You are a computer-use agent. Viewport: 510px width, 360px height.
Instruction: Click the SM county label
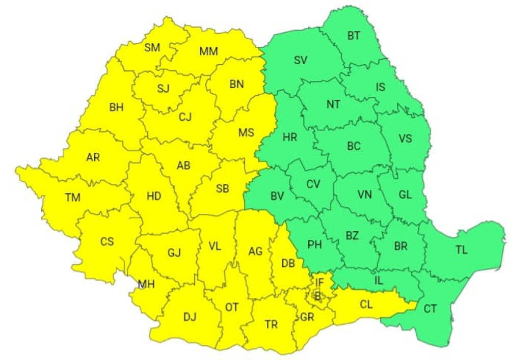(x=152, y=48)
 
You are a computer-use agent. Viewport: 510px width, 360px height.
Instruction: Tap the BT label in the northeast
(x=354, y=36)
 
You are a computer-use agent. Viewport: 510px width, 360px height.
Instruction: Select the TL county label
(x=462, y=250)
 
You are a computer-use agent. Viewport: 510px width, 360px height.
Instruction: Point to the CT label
(x=430, y=308)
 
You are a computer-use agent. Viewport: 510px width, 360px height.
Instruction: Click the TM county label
(x=73, y=198)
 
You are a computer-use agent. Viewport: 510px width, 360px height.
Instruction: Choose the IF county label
(x=319, y=282)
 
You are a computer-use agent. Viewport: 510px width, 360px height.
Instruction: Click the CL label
(x=366, y=304)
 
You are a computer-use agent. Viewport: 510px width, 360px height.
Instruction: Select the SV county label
(x=301, y=60)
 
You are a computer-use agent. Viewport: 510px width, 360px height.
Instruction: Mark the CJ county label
(x=185, y=117)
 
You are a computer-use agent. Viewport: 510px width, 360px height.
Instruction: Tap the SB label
(x=222, y=188)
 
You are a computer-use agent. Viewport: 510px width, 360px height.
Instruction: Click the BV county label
(x=277, y=196)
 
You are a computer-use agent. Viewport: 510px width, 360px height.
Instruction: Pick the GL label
(x=406, y=194)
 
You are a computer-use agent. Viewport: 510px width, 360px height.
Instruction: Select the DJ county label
(x=190, y=317)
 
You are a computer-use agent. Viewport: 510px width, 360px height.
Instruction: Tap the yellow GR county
(x=307, y=317)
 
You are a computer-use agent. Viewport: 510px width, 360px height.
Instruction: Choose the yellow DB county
(x=288, y=263)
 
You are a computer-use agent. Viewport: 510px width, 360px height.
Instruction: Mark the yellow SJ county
(x=163, y=89)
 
